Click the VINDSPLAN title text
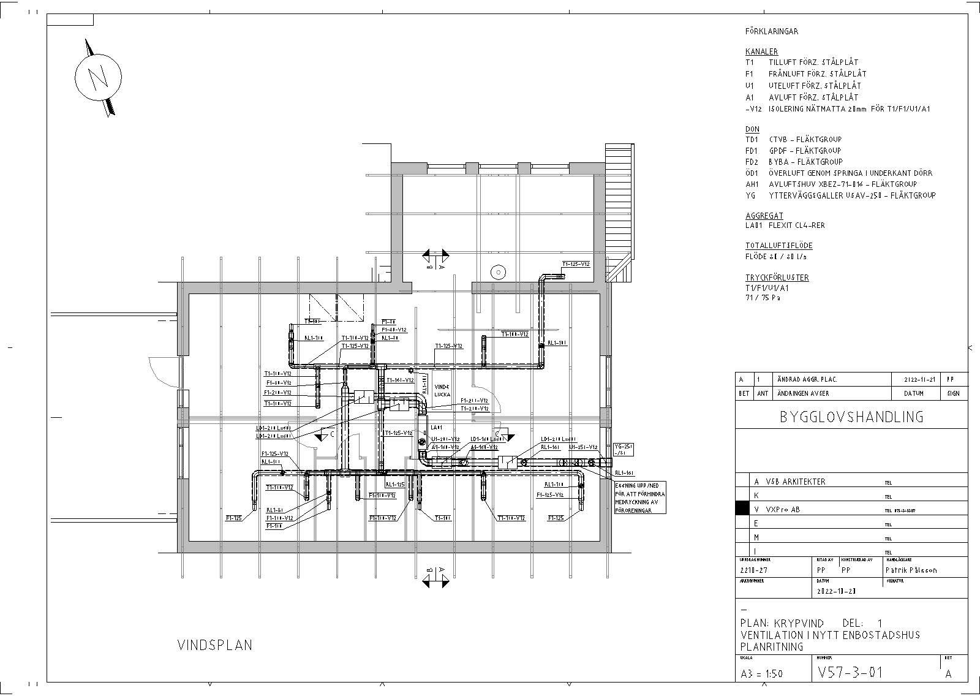[214, 645]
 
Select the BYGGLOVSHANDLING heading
[851, 417]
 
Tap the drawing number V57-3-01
[850, 672]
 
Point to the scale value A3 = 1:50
[761, 674]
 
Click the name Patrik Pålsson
[911, 570]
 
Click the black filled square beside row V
[742, 509]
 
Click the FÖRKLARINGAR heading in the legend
[771, 31]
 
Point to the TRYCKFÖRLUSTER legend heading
[777, 278]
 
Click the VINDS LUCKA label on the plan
[442, 390]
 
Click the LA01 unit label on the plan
[436, 427]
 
